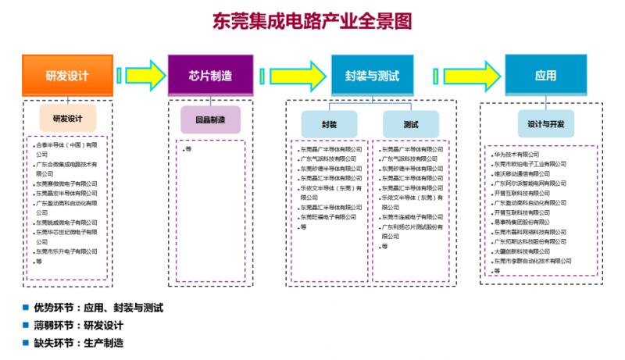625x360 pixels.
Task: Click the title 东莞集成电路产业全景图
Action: (x=312, y=20)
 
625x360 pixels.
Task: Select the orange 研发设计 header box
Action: (x=67, y=76)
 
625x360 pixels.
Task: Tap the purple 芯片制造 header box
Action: (x=210, y=76)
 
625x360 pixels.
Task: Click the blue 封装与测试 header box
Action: (x=371, y=76)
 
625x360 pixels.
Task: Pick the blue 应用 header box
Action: (x=545, y=76)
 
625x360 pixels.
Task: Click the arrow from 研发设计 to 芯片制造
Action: (x=141, y=76)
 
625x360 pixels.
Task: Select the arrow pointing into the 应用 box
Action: (x=472, y=76)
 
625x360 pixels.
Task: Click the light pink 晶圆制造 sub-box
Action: (x=210, y=119)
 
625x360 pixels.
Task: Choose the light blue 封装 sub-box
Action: (x=329, y=124)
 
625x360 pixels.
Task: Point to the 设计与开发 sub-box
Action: (x=545, y=123)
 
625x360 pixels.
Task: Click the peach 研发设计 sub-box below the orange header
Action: (x=67, y=118)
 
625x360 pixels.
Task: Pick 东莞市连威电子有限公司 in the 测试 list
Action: (x=412, y=217)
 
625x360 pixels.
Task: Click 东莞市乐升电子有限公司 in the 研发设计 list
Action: (x=67, y=251)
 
